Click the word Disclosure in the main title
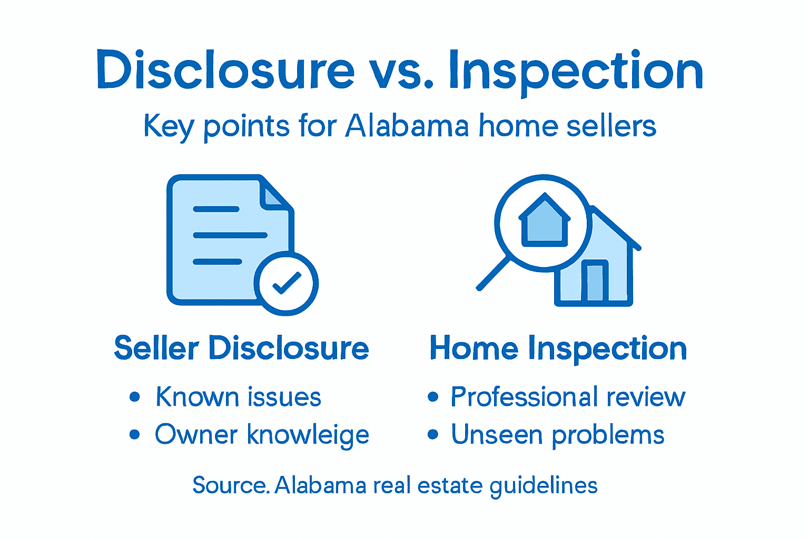click(x=225, y=71)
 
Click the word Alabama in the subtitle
click(x=407, y=126)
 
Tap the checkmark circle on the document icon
click(x=286, y=283)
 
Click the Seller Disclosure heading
click(x=241, y=348)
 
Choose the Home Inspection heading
click(x=558, y=348)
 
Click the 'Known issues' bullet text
click(x=238, y=397)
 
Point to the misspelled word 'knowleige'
click(x=308, y=436)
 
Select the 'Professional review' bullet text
click(x=568, y=397)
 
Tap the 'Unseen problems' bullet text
click(x=557, y=435)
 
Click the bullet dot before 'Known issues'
click(x=135, y=397)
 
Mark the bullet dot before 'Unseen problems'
click(x=433, y=435)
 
